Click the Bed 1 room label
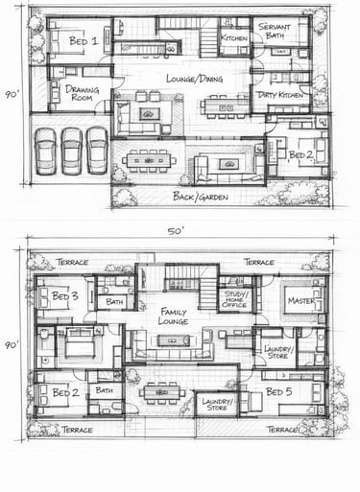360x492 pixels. tap(84, 41)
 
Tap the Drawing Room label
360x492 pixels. tap(82, 93)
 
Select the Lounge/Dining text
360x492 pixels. tap(195, 79)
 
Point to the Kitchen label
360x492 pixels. tap(234, 38)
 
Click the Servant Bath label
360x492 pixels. tap(275, 31)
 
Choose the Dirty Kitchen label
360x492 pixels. tap(280, 95)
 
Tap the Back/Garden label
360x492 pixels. tap(201, 197)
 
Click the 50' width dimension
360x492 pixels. tap(176, 231)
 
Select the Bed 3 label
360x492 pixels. tap(65, 296)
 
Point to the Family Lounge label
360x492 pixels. tap(173, 316)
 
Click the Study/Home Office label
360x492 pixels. tap(234, 299)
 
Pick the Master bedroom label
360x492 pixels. tap(301, 300)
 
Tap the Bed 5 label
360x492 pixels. tap(279, 392)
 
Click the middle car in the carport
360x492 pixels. tap(72, 151)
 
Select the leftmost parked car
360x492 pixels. tap(46, 152)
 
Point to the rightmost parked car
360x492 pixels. tap(97, 151)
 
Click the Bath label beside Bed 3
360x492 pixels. tap(114, 301)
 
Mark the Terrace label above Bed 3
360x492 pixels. tap(72, 263)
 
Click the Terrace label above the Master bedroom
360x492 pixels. tap(259, 263)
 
